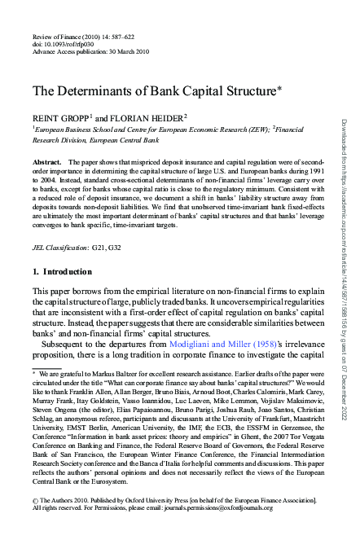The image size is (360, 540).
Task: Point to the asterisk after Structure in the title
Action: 281,86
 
